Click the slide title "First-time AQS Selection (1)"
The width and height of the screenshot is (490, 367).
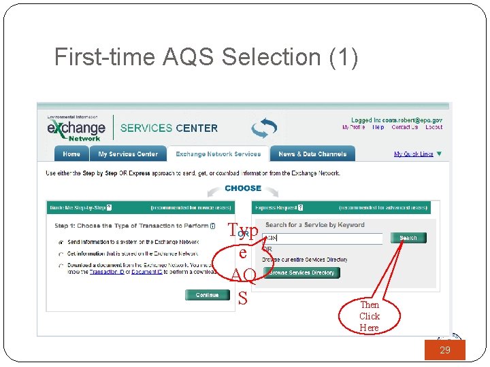coord(206,57)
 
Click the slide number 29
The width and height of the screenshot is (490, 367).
coord(445,350)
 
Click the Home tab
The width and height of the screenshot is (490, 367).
coord(71,154)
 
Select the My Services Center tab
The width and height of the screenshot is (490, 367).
coord(128,154)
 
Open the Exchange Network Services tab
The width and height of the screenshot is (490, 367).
coord(218,154)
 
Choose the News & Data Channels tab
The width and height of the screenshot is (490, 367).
coord(312,154)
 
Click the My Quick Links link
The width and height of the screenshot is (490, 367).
coord(414,154)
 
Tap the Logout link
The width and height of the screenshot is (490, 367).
coord(434,127)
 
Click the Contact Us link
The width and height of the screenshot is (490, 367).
coord(404,127)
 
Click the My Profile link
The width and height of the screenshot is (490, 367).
coord(353,127)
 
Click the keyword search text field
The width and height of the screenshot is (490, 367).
coord(323,238)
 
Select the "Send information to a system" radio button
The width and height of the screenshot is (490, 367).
coord(61,242)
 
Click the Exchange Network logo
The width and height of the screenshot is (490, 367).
coord(76,128)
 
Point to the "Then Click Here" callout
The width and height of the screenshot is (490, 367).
coord(370,316)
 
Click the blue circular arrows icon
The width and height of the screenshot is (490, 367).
coord(263,128)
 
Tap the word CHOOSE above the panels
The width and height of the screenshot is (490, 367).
coord(243,188)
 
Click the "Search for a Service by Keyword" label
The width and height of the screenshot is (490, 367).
coord(314,225)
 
